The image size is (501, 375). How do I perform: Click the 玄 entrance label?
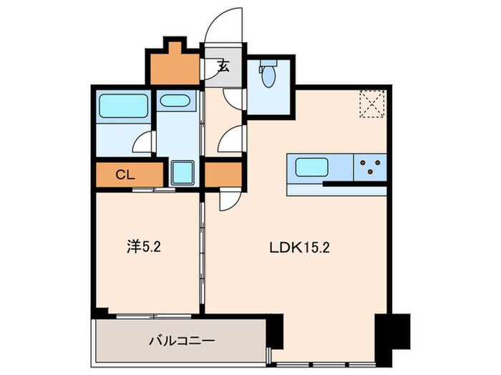click(223, 69)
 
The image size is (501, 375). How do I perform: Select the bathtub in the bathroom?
click(122, 106)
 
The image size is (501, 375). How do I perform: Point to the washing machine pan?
click(183, 173)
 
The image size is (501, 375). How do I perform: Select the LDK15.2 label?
click(299, 249)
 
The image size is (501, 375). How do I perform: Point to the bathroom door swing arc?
click(144, 142)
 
